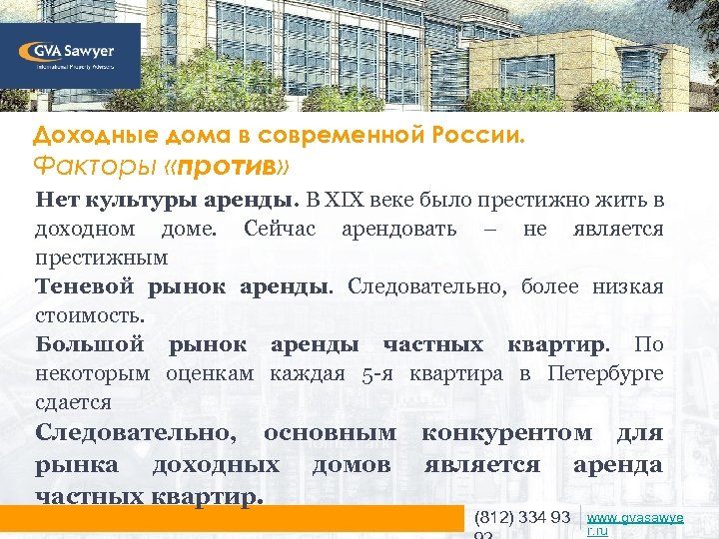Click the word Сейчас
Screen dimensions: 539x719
click(280, 229)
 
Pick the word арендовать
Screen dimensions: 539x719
click(398, 229)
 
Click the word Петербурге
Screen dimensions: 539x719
click(605, 373)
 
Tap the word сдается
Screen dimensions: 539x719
click(73, 402)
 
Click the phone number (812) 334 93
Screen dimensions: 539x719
click(521, 517)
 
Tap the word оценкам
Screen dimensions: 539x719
click(210, 373)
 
